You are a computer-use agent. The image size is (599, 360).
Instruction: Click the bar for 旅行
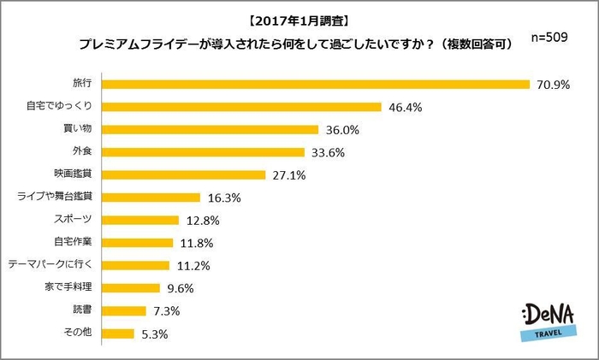pyautogui.click(x=317, y=84)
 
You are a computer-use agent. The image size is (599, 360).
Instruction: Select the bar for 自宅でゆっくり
pyautogui.click(x=242, y=107)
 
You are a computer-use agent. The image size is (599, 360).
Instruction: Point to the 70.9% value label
pyautogui.click(x=555, y=85)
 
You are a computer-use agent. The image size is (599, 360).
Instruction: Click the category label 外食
pyautogui.click(x=84, y=152)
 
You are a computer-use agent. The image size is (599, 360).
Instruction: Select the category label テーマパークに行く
pyautogui.click(x=55, y=265)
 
